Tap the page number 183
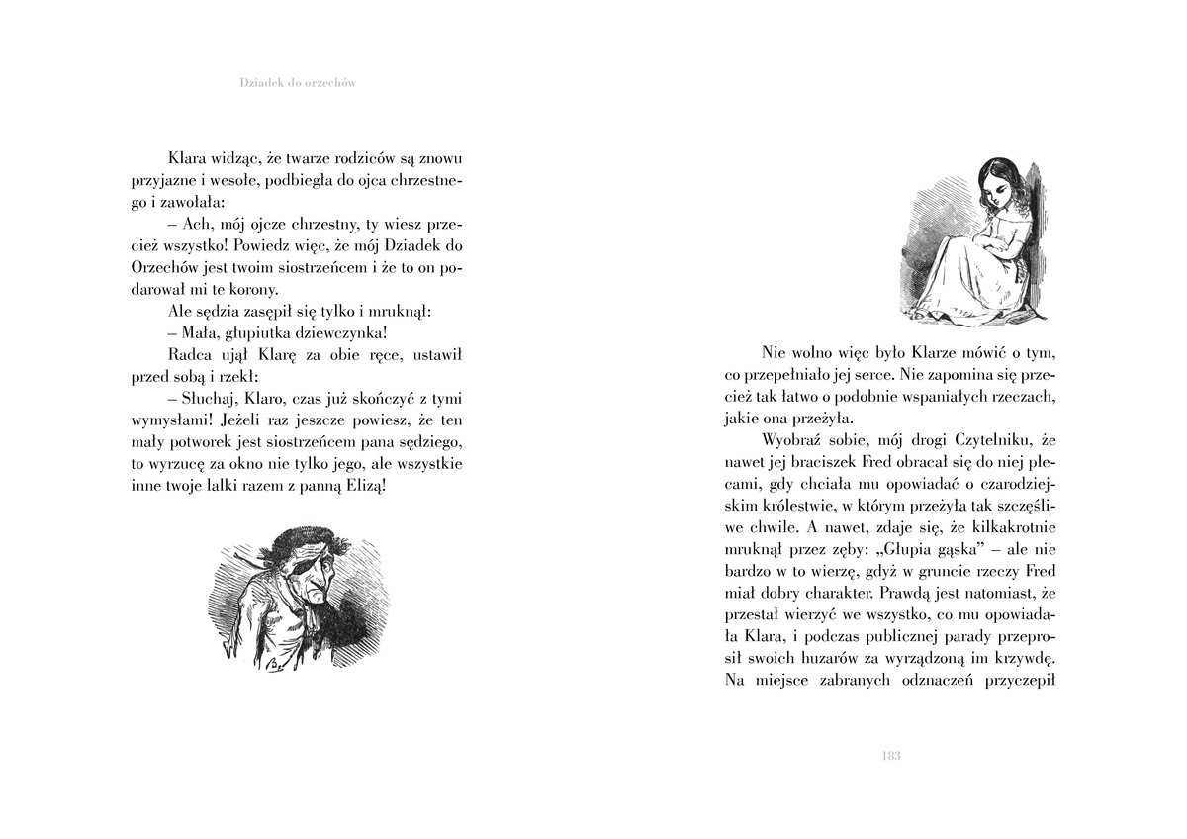point(888,757)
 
